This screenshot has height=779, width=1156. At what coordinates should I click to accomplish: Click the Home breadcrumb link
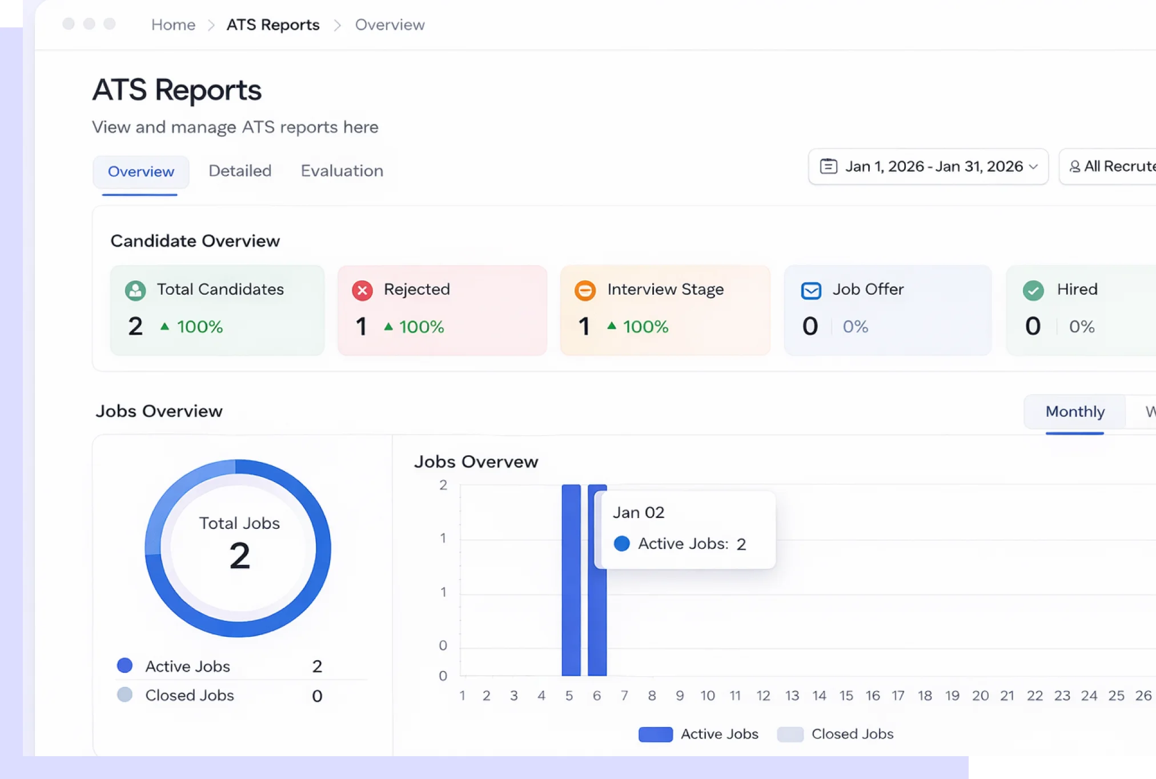173,25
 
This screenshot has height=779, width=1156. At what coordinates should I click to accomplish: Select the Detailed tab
240,171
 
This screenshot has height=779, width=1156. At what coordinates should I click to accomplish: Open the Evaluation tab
342,171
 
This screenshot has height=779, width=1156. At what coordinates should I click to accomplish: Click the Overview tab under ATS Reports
141,171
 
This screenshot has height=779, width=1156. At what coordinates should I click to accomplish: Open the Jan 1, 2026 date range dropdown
928,166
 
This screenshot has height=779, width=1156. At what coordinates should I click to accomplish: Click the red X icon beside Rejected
362,291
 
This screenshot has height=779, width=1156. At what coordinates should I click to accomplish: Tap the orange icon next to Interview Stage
585,291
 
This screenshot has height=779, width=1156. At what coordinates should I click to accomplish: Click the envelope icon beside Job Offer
811,291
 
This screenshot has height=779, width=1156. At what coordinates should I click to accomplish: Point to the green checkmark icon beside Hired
1033,291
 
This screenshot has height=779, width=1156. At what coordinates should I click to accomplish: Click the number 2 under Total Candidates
135,327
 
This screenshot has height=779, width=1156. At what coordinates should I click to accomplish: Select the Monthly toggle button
1074,412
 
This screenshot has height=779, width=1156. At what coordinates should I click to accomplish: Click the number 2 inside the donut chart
239,556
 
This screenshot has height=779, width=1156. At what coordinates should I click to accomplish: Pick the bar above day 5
571,580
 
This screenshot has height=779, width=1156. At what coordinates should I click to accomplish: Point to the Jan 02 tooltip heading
639,512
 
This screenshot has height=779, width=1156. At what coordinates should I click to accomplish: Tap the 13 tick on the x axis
792,696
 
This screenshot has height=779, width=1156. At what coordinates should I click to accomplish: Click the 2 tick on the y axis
443,485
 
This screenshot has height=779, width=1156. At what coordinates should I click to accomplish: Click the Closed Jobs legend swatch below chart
790,734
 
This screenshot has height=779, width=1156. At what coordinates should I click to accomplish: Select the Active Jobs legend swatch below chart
655,734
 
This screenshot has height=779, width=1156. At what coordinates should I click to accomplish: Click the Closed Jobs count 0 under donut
317,696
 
